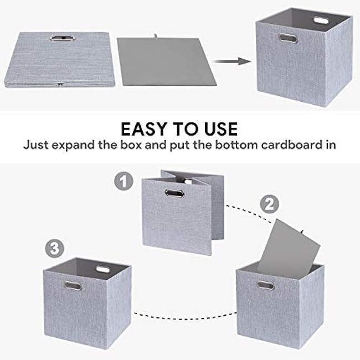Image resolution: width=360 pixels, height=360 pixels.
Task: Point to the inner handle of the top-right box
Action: (x=321, y=20)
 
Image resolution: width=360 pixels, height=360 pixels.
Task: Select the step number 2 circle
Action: (x=269, y=204)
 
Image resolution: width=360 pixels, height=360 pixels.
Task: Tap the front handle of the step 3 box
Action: (x=71, y=286)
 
